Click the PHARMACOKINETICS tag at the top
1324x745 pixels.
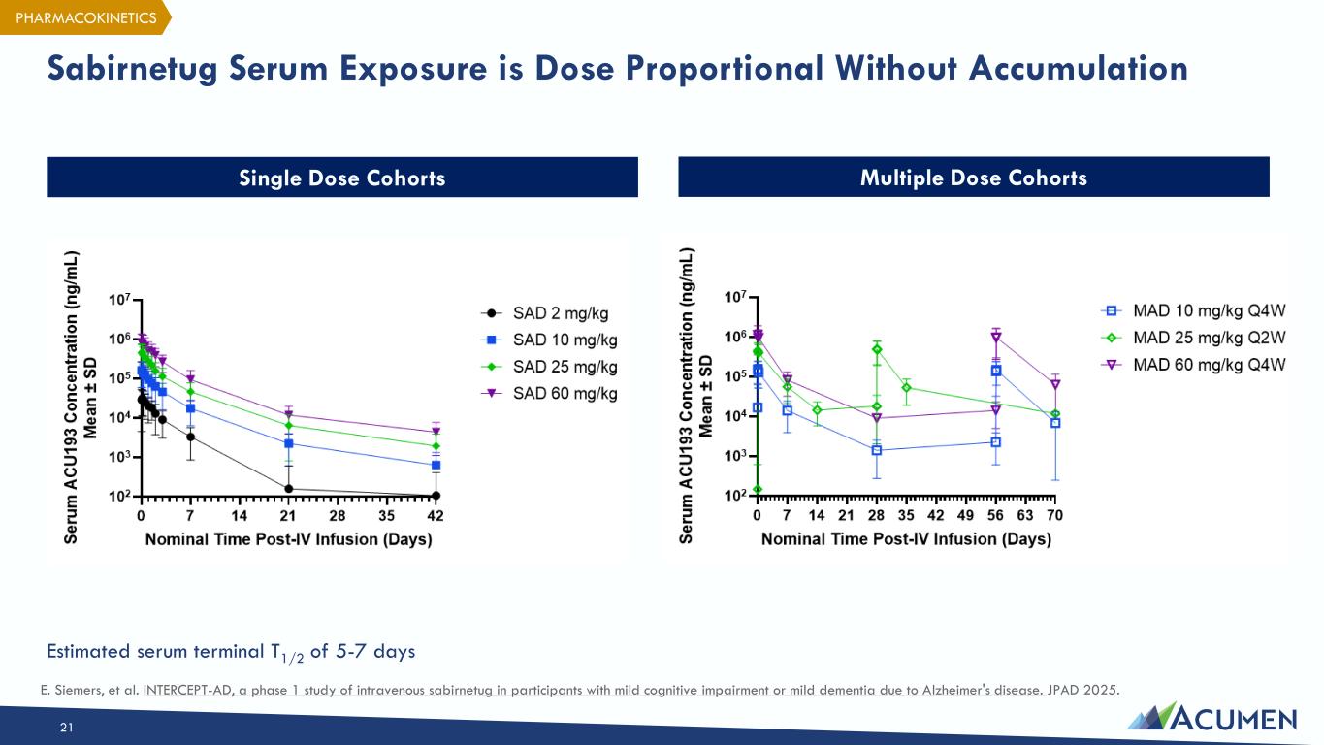coord(85,17)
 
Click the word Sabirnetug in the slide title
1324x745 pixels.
coord(133,69)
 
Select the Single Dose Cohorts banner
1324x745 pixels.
coord(342,178)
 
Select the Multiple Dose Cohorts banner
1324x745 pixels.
coord(973,178)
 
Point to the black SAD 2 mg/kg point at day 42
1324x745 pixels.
coord(436,496)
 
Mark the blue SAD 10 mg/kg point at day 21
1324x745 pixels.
coord(288,443)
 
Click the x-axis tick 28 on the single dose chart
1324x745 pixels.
coord(338,515)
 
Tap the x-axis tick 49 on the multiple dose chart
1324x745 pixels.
coord(966,515)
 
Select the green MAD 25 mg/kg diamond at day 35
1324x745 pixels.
coord(906,388)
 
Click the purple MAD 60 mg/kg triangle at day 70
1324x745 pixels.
coord(1055,384)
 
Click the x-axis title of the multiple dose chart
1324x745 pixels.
coord(906,538)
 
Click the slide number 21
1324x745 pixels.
coord(66,727)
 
